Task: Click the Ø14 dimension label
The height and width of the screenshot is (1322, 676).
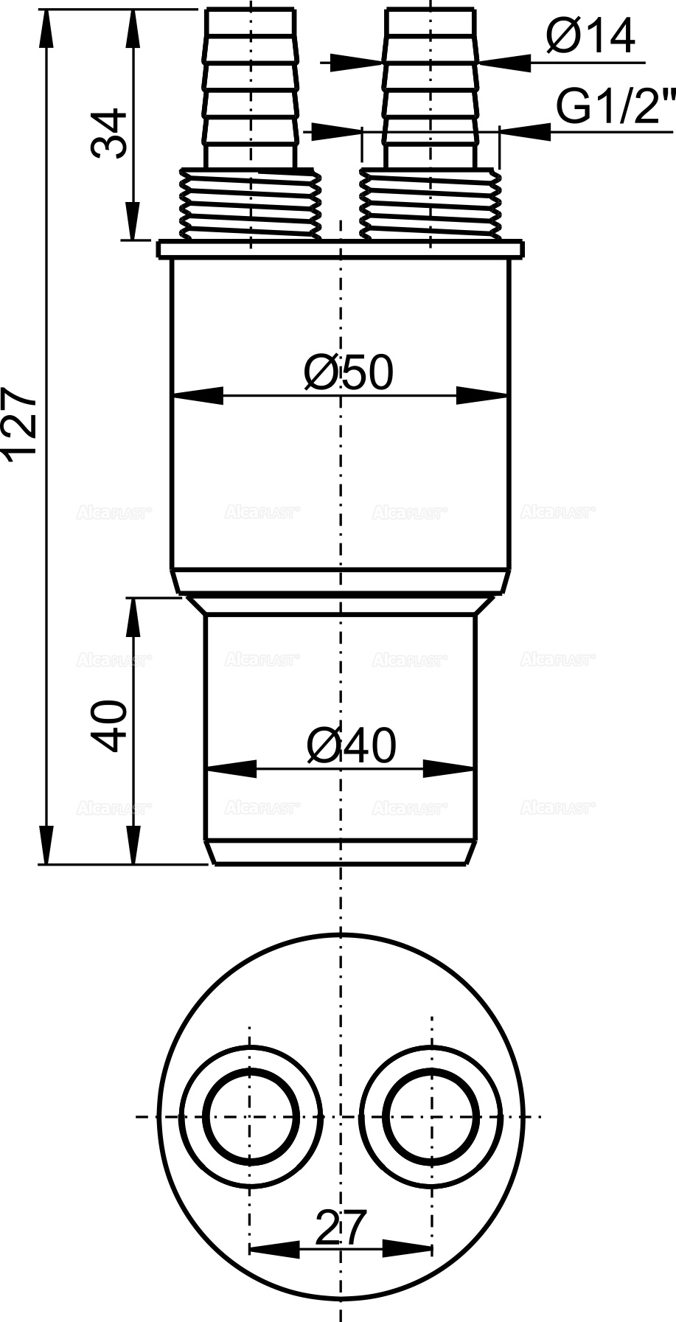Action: pos(590,36)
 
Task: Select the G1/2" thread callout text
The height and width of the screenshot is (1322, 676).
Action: pos(615,108)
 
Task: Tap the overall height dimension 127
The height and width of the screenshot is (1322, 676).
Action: pos(19,426)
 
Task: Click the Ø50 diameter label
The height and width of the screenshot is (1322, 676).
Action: pos(349,372)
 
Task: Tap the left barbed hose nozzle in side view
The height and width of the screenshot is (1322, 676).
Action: pos(251,88)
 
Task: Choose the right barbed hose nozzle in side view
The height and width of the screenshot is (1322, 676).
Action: pos(431,88)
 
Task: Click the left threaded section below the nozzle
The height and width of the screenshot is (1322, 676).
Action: pos(251,204)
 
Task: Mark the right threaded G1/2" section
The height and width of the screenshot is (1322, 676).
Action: pos(431,204)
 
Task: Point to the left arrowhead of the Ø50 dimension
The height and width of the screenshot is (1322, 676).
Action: pos(196,396)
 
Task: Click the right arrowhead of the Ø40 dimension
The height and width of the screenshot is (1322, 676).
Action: pos(450,769)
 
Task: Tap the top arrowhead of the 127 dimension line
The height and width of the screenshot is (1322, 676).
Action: pos(48,26)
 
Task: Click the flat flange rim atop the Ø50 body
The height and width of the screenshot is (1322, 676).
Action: pos(341,249)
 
